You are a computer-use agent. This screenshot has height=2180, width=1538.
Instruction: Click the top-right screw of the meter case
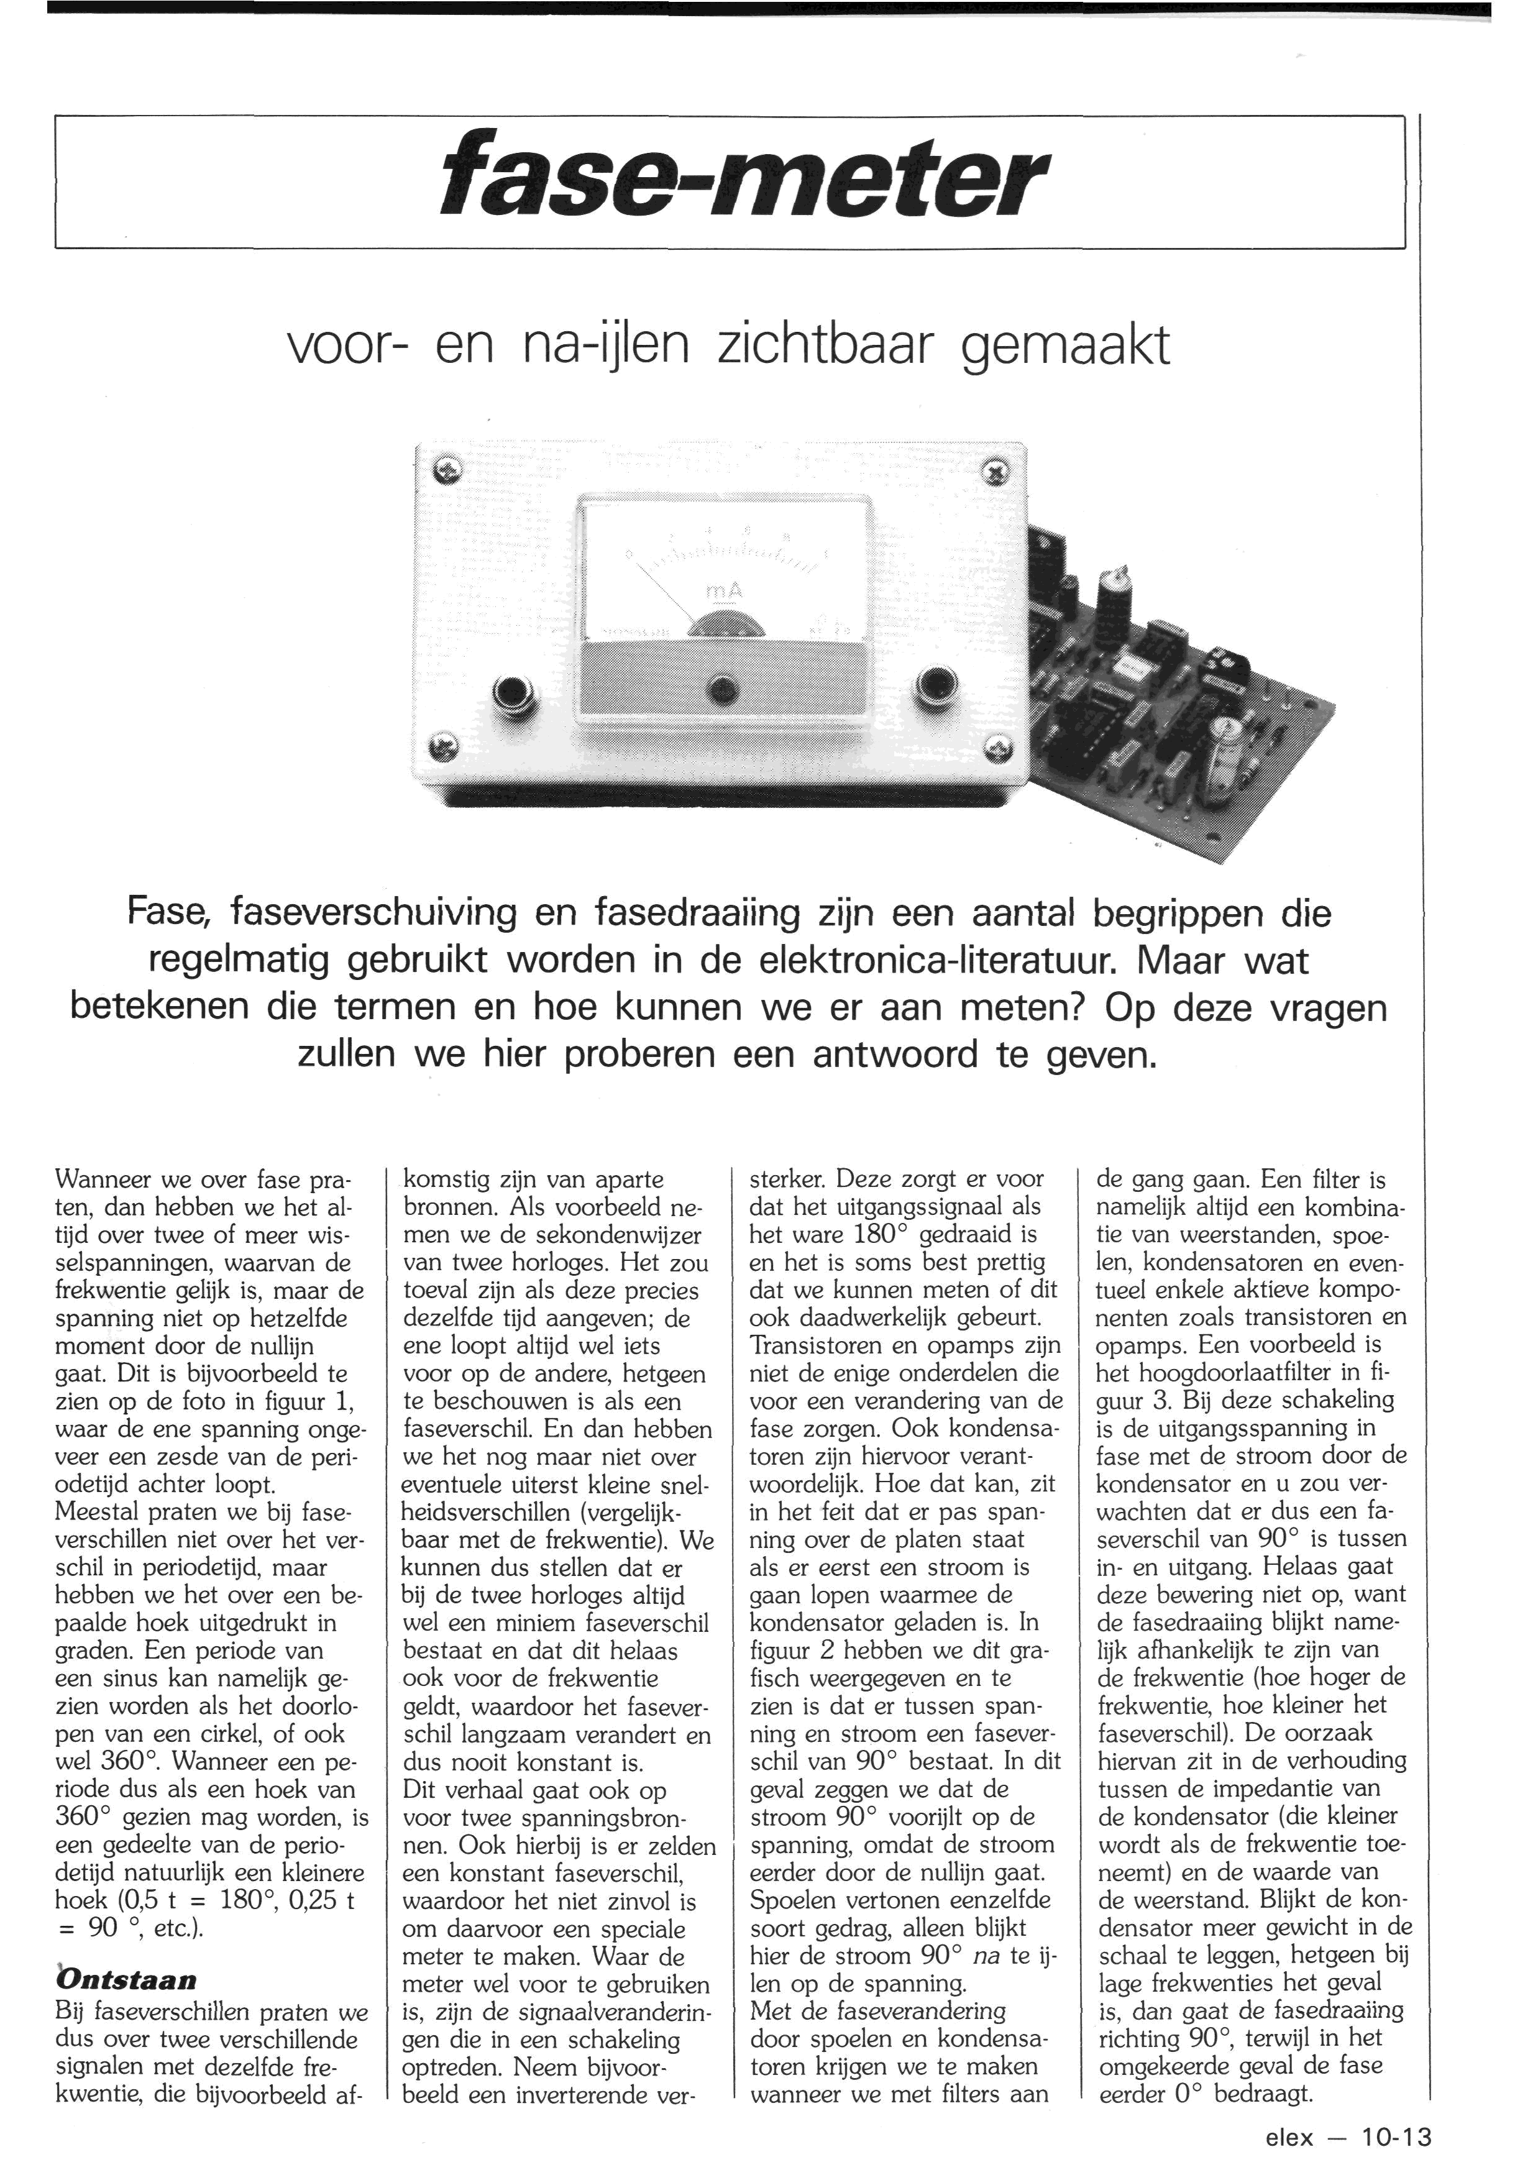pyautogui.click(x=994, y=468)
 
